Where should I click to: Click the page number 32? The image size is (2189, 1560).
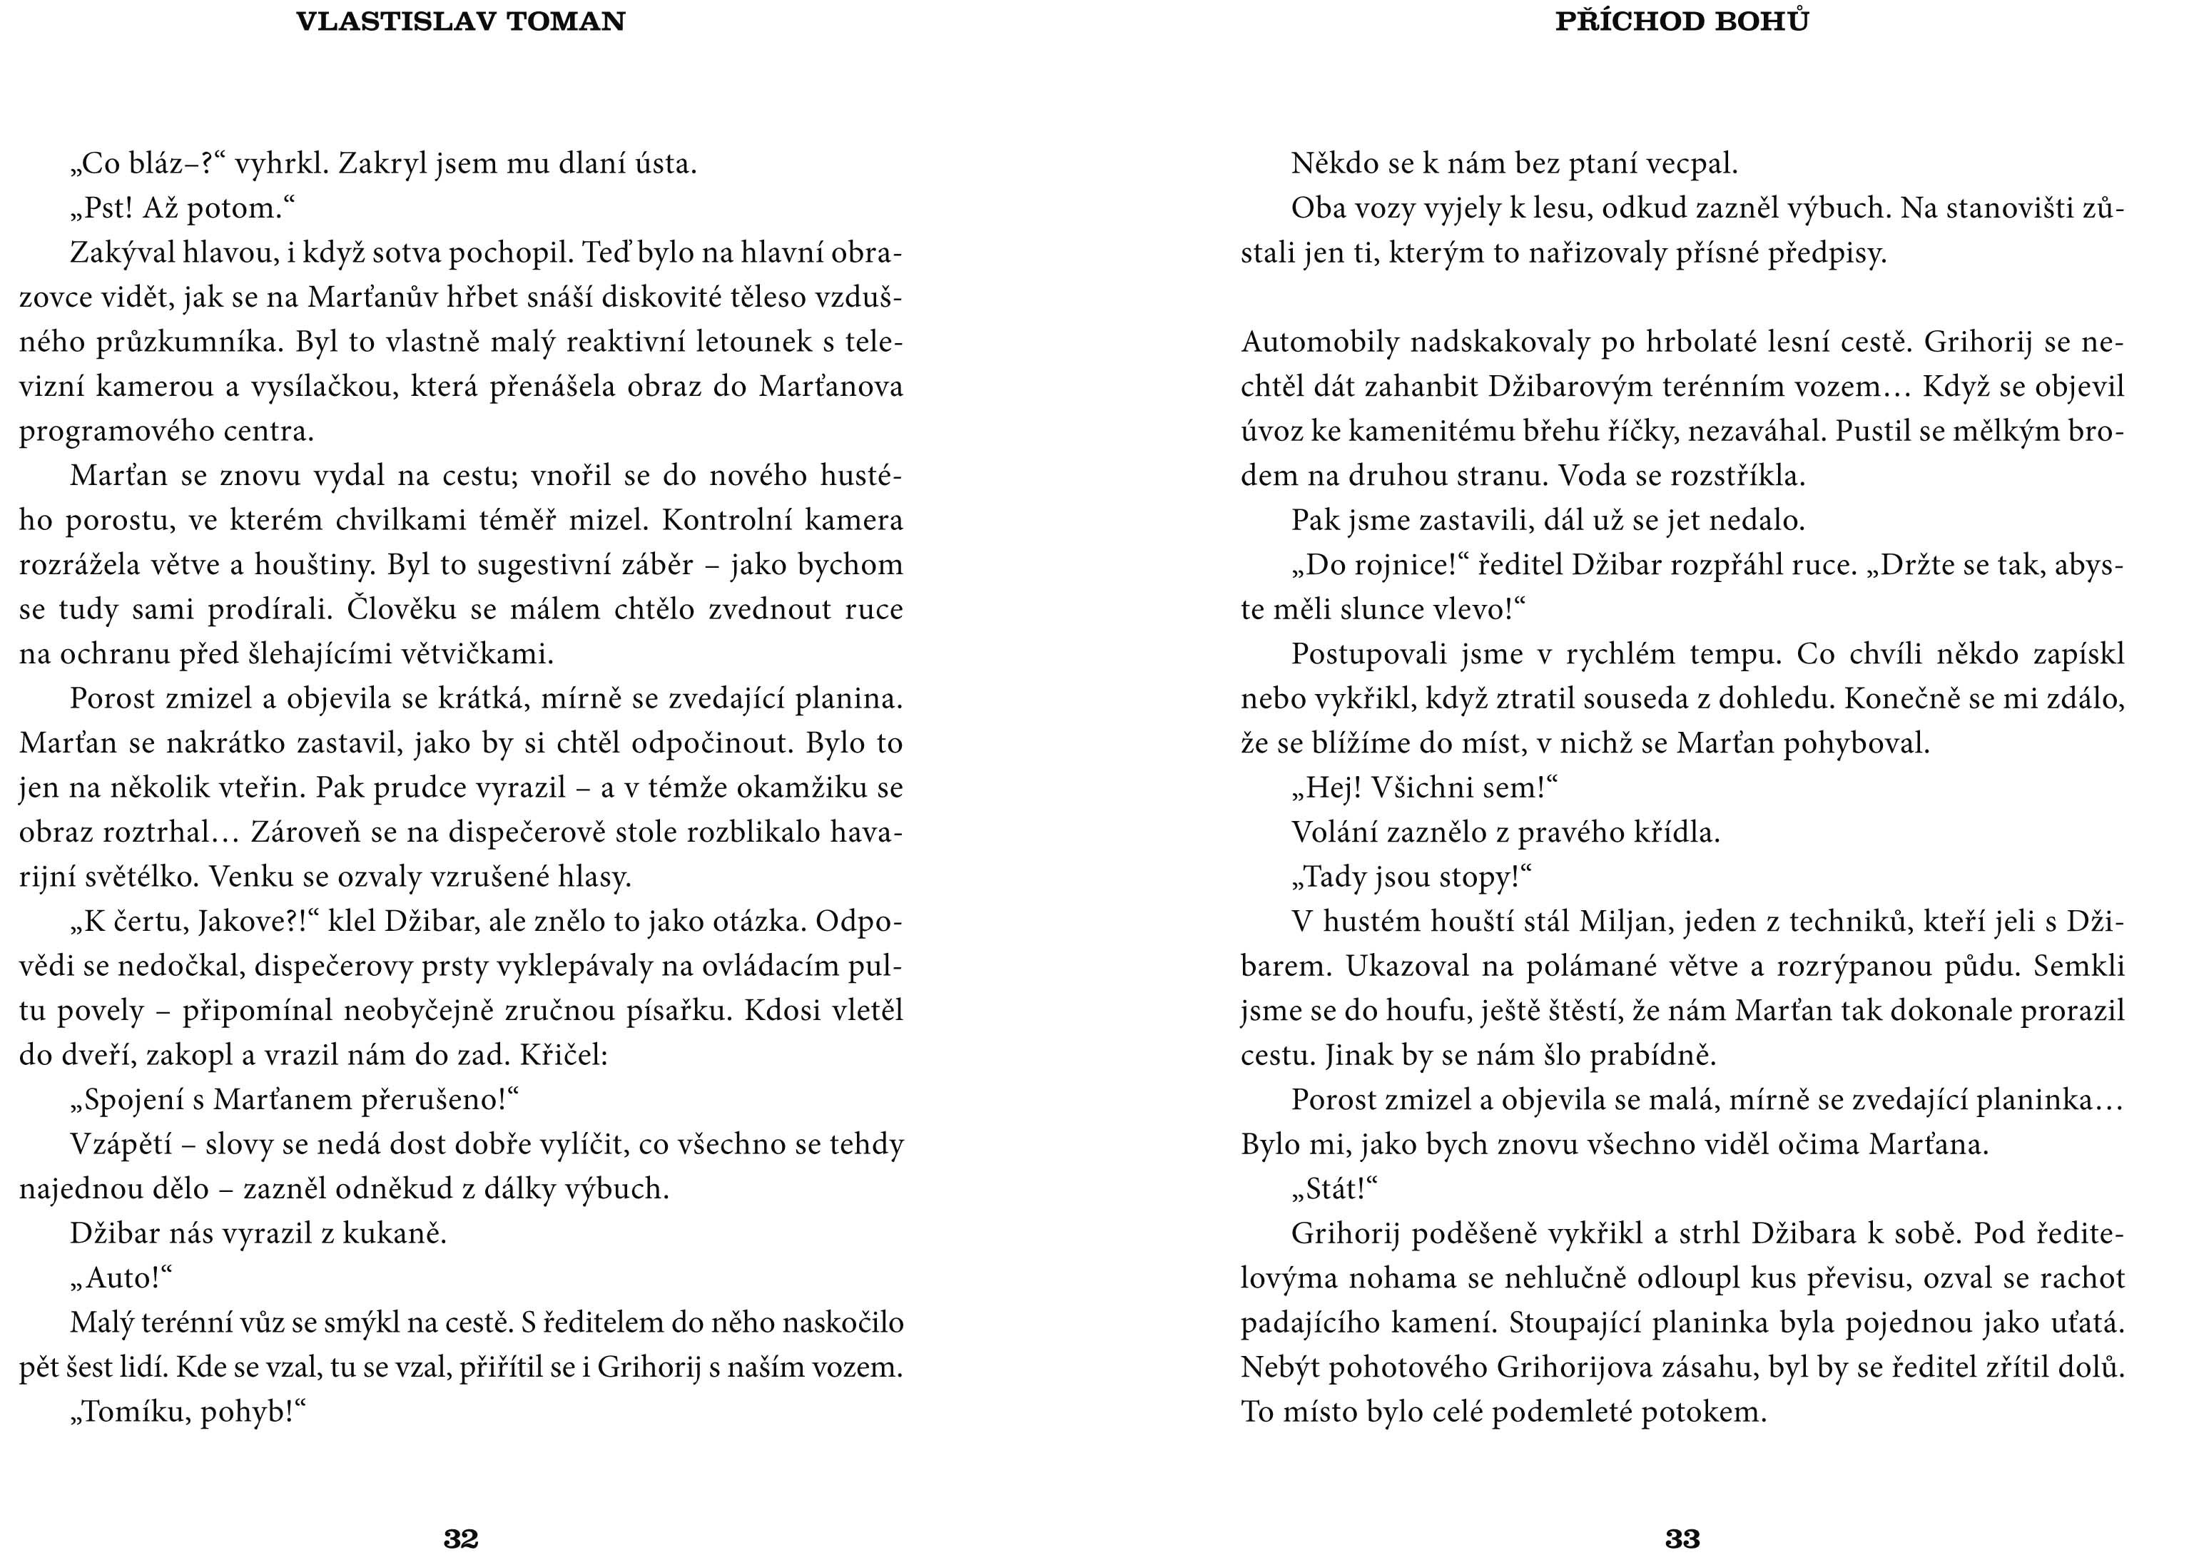pyautogui.click(x=460, y=1538)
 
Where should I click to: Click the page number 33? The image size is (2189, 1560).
pyautogui.click(x=1682, y=1538)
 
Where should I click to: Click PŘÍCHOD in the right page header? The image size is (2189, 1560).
pyautogui.click(x=1615, y=22)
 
